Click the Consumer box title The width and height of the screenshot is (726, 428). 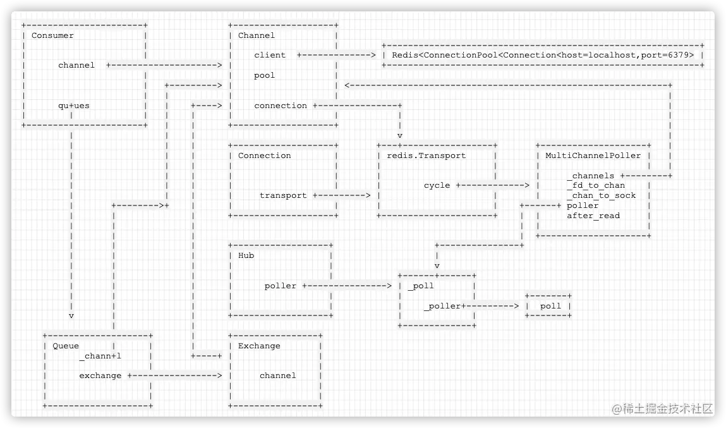[x=52, y=35]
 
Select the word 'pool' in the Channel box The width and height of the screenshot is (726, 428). [x=265, y=75]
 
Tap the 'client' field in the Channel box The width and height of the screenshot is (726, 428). [x=270, y=55]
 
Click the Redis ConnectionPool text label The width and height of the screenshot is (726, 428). [x=543, y=55]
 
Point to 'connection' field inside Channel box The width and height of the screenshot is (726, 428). [x=281, y=106]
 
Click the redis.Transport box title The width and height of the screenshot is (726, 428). [x=426, y=156]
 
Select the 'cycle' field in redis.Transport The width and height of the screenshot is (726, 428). [x=437, y=185]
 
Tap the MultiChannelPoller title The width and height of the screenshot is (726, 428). [x=593, y=156]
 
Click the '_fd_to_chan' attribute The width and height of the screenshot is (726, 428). [x=595, y=185]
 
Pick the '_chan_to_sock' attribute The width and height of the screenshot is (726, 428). [x=601, y=195]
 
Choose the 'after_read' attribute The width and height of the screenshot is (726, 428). [x=593, y=216]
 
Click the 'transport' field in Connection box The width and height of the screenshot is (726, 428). [x=283, y=195]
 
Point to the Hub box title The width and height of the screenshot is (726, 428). [x=246, y=255]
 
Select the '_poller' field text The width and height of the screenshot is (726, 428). [x=442, y=306]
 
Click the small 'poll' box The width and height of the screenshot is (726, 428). [x=550, y=306]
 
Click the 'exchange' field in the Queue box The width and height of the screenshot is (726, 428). [x=100, y=376]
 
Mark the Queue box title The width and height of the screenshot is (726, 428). [x=66, y=346]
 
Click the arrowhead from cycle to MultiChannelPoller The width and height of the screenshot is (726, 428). [x=526, y=185]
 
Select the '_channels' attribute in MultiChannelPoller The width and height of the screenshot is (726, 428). [x=590, y=176]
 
